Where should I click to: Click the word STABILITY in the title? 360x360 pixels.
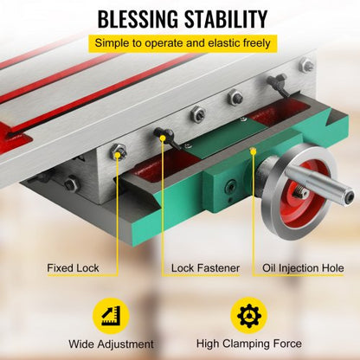[228, 19]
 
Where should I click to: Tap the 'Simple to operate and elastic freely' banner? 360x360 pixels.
[179, 43]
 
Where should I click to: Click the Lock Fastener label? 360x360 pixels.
[205, 267]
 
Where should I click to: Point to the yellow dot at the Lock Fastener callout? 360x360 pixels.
[161, 133]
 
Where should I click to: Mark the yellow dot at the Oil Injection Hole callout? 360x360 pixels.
[253, 148]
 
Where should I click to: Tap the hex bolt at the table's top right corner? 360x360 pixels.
[306, 65]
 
